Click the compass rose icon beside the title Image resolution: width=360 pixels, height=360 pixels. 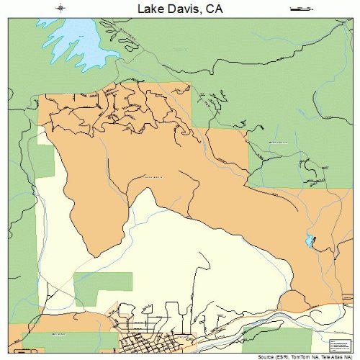click(62, 9)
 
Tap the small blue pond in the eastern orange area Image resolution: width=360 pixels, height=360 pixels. click(310, 241)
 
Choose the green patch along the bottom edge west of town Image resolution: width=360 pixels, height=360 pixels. click(72, 341)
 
